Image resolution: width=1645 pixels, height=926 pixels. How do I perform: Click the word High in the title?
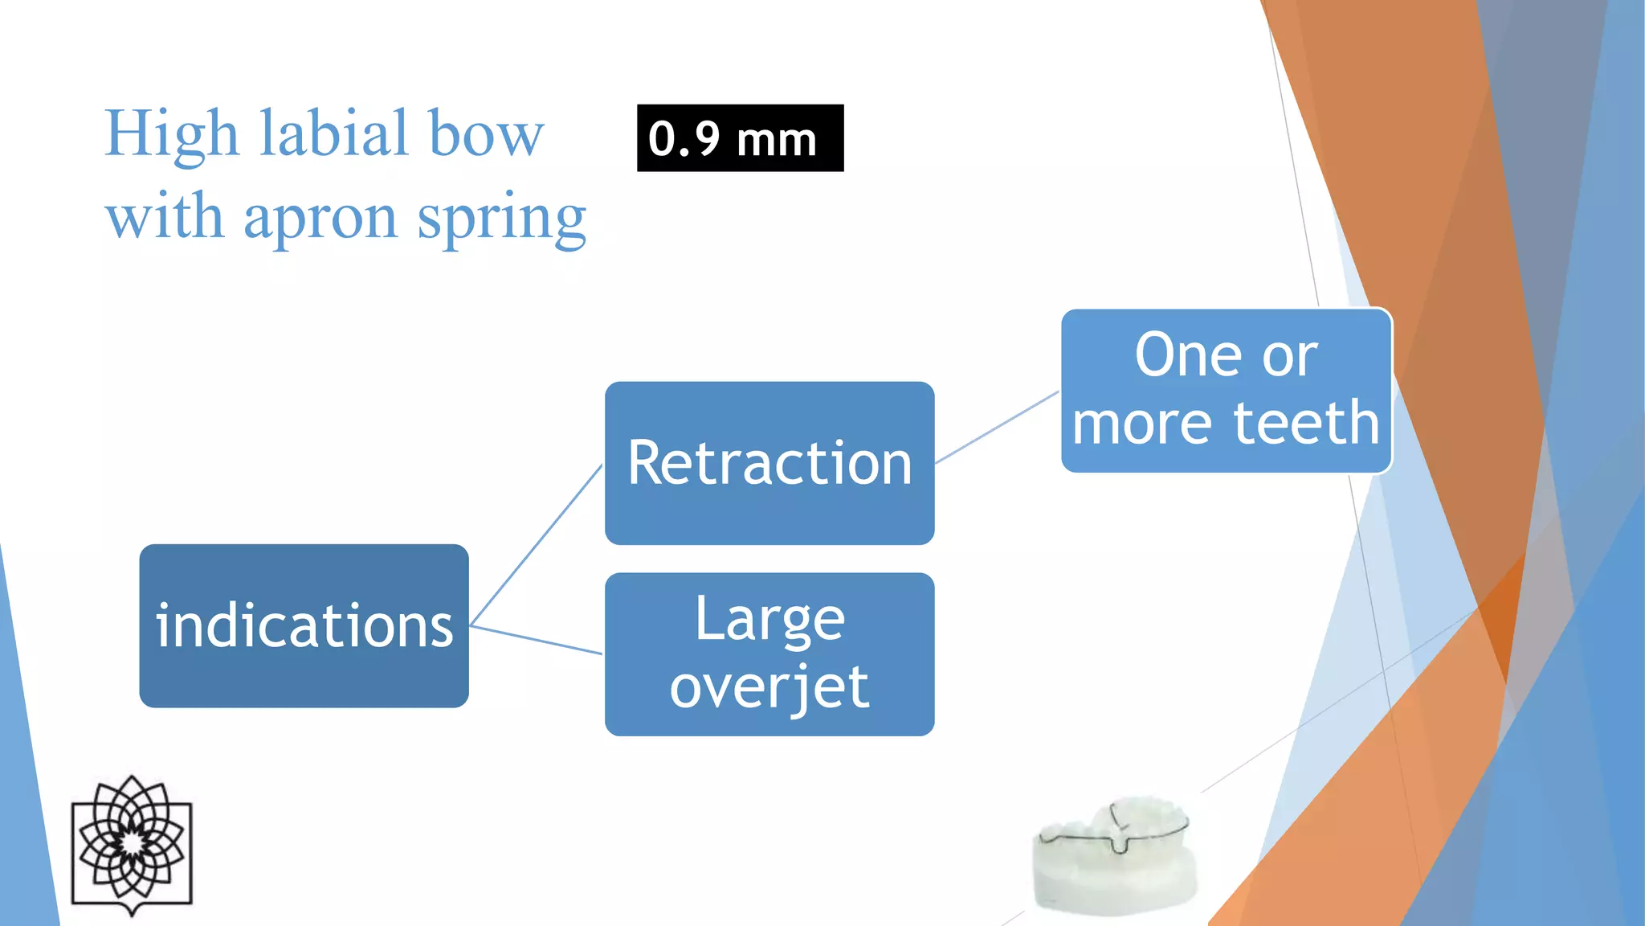[171, 133]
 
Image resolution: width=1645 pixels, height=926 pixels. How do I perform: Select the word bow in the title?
[486, 133]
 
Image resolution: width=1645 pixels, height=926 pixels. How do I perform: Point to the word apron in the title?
[320, 219]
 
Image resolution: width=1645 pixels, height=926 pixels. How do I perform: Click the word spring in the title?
[502, 219]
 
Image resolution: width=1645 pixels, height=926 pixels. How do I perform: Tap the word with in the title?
[164, 217]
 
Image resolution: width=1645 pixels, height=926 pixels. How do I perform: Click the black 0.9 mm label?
[740, 138]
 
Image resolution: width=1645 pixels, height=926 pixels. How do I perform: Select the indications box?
[304, 625]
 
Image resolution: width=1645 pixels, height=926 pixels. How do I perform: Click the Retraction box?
[769, 463]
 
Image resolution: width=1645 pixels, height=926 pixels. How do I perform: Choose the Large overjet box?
[769, 654]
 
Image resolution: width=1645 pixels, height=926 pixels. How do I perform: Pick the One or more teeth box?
[1226, 391]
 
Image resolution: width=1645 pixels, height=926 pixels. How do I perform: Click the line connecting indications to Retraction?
[536, 547]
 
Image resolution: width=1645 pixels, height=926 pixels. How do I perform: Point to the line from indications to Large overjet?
[536, 640]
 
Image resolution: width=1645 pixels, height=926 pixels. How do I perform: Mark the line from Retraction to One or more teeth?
[997, 428]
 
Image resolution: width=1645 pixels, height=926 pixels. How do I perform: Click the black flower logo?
[133, 843]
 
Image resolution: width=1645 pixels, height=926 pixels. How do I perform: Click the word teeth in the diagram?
[1306, 423]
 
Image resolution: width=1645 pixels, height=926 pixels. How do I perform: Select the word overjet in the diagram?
[769, 687]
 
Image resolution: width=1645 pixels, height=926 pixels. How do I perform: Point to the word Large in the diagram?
[769, 619]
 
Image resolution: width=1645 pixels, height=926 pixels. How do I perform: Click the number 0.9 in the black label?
[684, 139]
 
